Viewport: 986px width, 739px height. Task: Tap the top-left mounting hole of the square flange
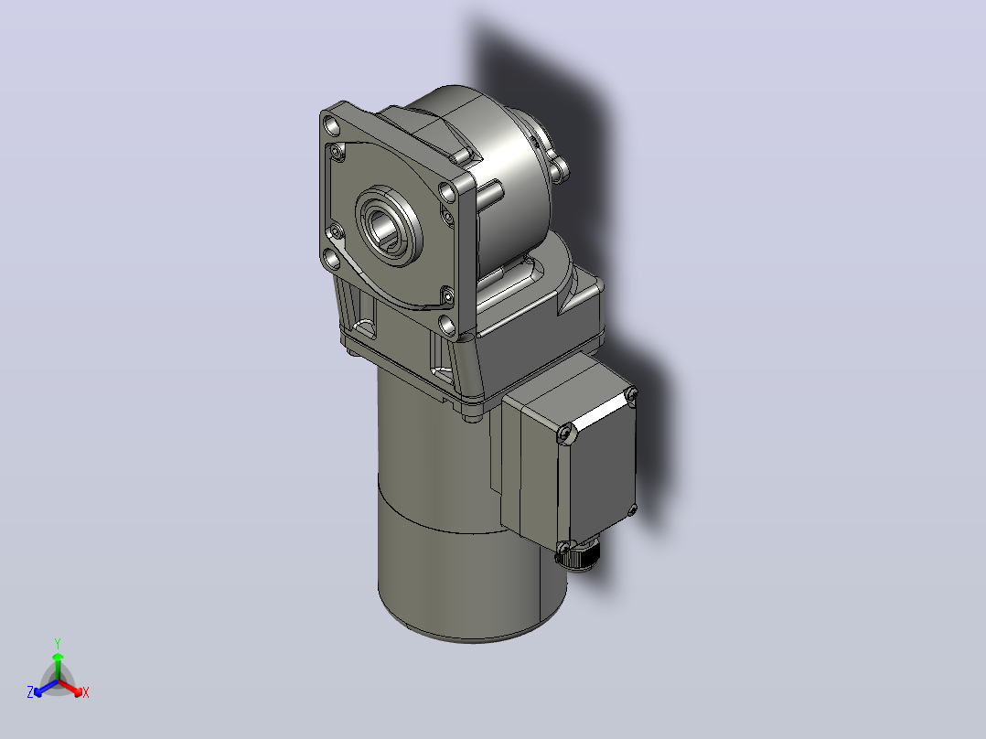tap(332, 127)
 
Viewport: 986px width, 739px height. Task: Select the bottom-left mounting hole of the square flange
tap(331, 258)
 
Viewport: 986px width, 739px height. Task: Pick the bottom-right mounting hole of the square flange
tap(446, 326)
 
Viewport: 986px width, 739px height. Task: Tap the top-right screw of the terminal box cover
tap(631, 393)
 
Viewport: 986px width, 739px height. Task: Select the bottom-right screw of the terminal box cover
tap(632, 510)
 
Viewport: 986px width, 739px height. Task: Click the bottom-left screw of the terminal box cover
tap(563, 547)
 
